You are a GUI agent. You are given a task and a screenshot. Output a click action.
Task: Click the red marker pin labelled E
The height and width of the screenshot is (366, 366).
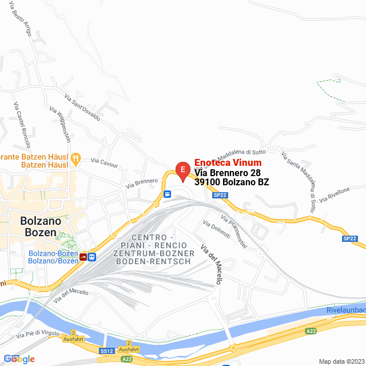(x=182, y=170)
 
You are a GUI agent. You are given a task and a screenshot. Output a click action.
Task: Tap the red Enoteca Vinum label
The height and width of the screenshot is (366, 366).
(x=228, y=162)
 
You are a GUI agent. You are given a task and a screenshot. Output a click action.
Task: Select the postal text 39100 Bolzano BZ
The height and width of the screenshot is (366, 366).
(x=232, y=182)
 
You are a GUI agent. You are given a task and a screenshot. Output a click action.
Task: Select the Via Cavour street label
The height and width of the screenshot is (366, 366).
(x=104, y=164)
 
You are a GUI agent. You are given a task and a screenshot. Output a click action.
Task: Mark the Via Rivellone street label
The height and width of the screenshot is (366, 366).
(x=335, y=194)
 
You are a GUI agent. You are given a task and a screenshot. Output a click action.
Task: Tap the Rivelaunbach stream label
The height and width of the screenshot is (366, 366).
(x=345, y=310)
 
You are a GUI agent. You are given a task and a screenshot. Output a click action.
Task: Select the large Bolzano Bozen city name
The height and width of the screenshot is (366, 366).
(x=38, y=226)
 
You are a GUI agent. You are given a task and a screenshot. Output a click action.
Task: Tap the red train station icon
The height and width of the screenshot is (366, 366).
(x=84, y=257)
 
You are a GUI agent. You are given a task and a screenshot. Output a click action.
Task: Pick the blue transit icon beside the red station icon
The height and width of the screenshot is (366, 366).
(x=93, y=257)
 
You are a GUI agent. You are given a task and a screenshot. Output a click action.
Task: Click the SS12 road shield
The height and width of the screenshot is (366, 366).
(x=106, y=351)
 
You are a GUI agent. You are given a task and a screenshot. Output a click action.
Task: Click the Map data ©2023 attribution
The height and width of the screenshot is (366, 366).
(x=340, y=361)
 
